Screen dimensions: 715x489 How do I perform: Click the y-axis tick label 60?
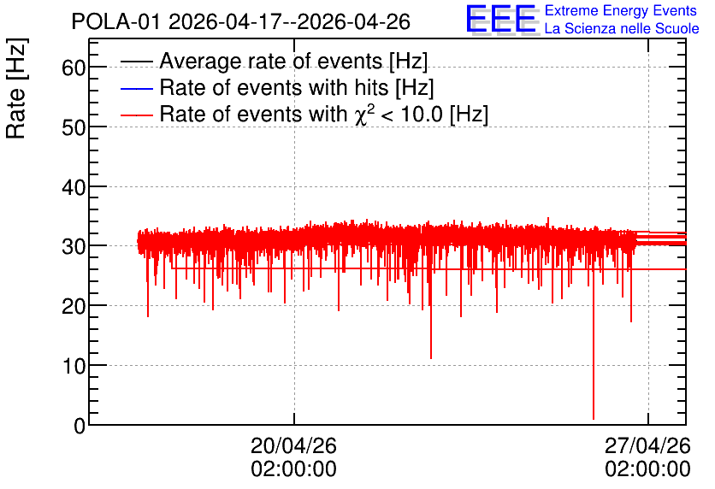[74, 68]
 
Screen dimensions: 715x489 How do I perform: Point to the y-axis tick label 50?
[74, 127]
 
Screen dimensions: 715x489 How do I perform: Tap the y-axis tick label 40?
[74, 187]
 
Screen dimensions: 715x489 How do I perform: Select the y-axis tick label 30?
[74, 247]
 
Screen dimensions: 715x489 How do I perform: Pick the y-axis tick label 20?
[74, 307]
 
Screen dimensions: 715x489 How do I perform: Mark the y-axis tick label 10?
[74, 367]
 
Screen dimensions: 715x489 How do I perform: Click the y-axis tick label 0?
[80, 426]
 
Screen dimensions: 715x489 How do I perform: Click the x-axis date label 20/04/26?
[293, 445]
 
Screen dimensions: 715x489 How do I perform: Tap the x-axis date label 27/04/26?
[647, 445]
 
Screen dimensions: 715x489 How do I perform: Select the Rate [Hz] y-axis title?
[16, 89]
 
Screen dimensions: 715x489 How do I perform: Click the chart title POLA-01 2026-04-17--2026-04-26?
[241, 21]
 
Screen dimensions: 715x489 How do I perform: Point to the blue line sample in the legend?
[137, 88]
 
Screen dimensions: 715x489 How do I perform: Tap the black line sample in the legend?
[137, 62]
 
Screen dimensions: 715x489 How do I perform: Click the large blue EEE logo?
[501, 19]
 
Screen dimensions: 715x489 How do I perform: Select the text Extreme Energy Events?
[621, 10]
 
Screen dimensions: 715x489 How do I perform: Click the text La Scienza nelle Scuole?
[622, 29]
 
